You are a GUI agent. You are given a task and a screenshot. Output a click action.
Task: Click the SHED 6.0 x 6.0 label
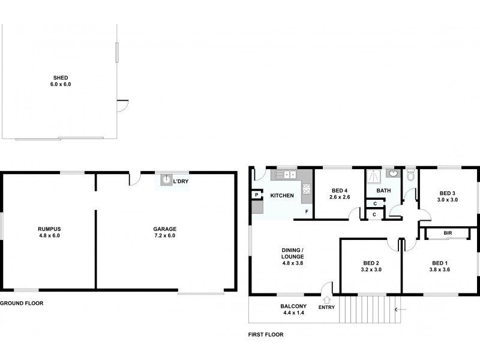[61, 81]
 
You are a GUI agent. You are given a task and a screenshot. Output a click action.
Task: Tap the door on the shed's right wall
[122, 106]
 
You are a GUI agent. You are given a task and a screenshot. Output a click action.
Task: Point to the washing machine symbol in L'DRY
[166, 179]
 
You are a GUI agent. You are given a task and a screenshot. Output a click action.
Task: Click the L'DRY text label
[181, 181]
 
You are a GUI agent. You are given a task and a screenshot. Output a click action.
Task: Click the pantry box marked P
[256, 195]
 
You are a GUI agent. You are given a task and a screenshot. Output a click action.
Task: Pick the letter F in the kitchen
[307, 212]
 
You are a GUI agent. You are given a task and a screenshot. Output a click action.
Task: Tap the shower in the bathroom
[374, 175]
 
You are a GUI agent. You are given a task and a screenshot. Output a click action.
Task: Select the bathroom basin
[392, 175]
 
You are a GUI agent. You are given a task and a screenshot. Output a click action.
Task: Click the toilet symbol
[410, 176]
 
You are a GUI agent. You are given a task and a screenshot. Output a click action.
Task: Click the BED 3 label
[447, 196]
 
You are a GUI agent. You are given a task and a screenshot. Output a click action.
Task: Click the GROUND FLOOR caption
[22, 304]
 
